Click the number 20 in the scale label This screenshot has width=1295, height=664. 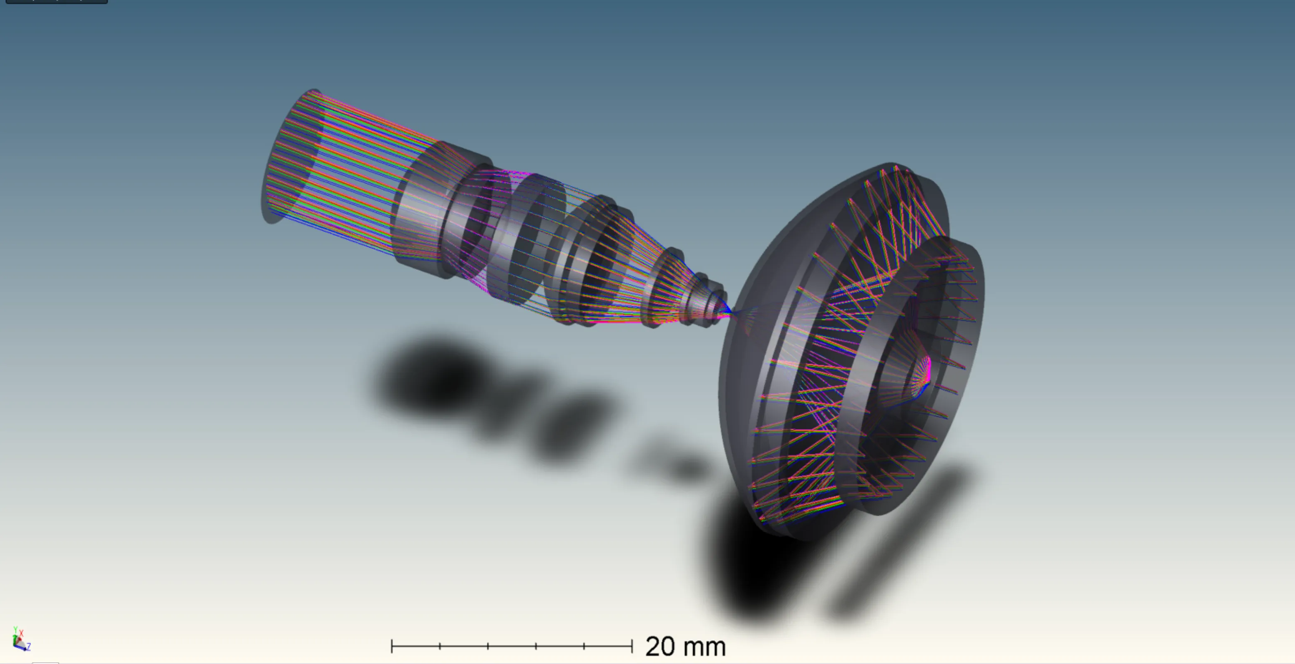click(x=660, y=647)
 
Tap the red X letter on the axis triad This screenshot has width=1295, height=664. click(x=22, y=633)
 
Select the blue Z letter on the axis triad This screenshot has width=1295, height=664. click(x=29, y=647)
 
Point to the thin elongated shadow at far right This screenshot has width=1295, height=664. click(x=900, y=543)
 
